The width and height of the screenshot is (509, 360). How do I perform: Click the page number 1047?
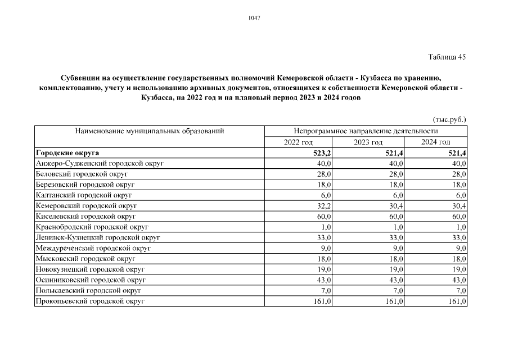pyautogui.click(x=254, y=17)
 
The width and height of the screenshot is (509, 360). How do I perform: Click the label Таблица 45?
pyautogui.click(x=447, y=57)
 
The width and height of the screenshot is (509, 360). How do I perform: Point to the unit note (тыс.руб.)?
pyautogui.click(x=449, y=119)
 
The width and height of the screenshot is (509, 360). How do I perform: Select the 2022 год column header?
pyautogui.click(x=299, y=142)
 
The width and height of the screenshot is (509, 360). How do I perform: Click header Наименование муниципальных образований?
pyautogui.click(x=150, y=131)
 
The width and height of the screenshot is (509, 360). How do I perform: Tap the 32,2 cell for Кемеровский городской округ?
pyautogui.click(x=324, y=206)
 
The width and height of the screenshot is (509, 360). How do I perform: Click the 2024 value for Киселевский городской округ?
pyautogui.click(x=458, y=217)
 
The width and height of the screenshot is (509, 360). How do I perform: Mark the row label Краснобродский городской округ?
pyautogui.click(x=92, y=227)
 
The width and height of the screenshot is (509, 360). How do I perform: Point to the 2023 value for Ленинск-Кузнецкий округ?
pyautogui.click(x=395, y=238)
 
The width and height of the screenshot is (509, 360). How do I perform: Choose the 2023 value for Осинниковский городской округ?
pyautogui.click(x=395, y=281)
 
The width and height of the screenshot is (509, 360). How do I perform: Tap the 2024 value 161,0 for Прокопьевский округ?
pyautogui.click(x=456, y=302)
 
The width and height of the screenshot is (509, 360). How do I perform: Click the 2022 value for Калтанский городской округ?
pyautogui.click(x=326, y=195)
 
